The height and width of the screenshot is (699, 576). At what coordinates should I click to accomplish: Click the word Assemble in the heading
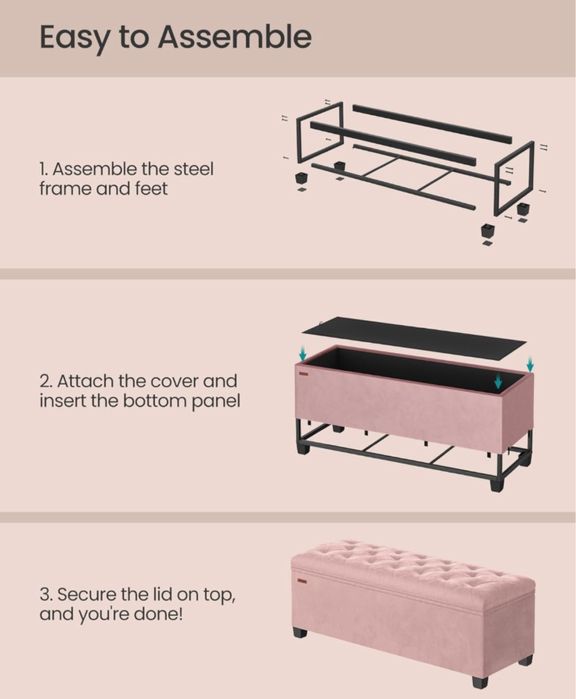click(x=235, y=37)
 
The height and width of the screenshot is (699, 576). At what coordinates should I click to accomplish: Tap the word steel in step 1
click(x=193, y=169)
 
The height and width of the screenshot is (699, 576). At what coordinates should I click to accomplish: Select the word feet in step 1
click(x=151, y=189)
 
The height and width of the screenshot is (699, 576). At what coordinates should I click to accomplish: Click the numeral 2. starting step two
click(x=46, y=382)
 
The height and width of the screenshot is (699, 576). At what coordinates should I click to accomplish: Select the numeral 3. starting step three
click(x=46, y=595)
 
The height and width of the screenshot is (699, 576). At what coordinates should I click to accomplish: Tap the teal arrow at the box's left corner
click(x=303, y=355)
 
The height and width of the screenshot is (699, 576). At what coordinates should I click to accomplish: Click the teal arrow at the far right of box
click(x=530, y=365)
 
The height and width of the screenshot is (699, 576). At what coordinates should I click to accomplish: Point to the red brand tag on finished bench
click(x=302, y=581)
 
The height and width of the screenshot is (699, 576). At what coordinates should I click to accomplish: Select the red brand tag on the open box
click(x=304, y=374)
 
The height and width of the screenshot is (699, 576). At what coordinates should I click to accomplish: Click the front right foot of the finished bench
click(x=480, y=680)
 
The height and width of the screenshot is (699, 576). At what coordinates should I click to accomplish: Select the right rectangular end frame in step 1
click(x=515, y=177)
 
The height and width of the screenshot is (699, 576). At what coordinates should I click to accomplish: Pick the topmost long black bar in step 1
click(x=432, y=124)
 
